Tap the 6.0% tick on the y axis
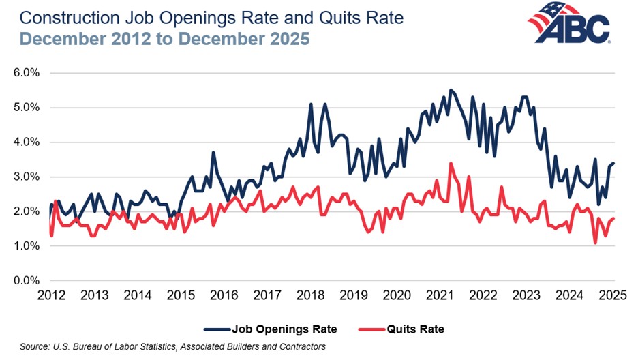(28, 73)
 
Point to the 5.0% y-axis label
(28, 108)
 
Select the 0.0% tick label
(28, 281)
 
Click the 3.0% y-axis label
(28, 177)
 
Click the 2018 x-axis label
(311, 296)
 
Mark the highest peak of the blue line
(451, 90)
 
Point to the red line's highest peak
(451, 163)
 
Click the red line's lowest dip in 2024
(595, 243)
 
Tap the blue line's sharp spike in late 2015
(213, 152)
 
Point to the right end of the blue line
(614, 163)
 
